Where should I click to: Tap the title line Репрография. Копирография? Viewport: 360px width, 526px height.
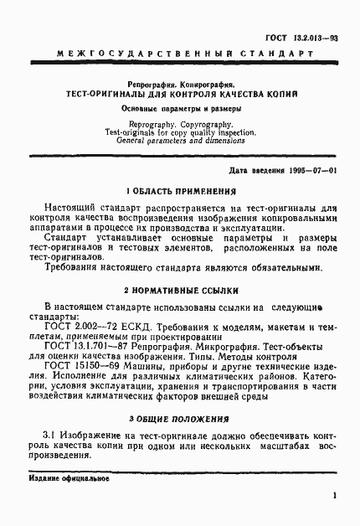click(179, 85)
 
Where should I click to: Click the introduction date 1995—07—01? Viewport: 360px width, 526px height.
click(311, 171)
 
